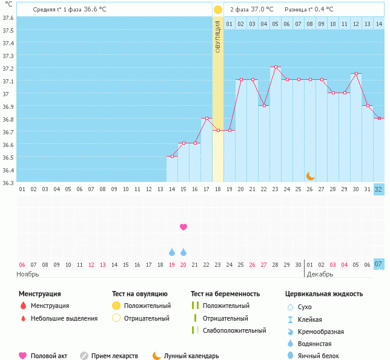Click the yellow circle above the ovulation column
pos(218,10)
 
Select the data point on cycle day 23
pos(276,67)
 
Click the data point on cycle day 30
pos(356,74)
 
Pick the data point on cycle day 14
pos(172,157)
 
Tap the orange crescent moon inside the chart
pos(310,175)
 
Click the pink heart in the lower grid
pos(183,227)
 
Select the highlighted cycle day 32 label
pos(378,189)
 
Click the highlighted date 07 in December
pos(378,264)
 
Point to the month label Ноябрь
pos(28,274)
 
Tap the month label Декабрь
pos(319,274)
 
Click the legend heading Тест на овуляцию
pos(141,293)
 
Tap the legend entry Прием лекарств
pos(114,356)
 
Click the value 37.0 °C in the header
pos(262,9)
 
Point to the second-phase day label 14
pos(378,24)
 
